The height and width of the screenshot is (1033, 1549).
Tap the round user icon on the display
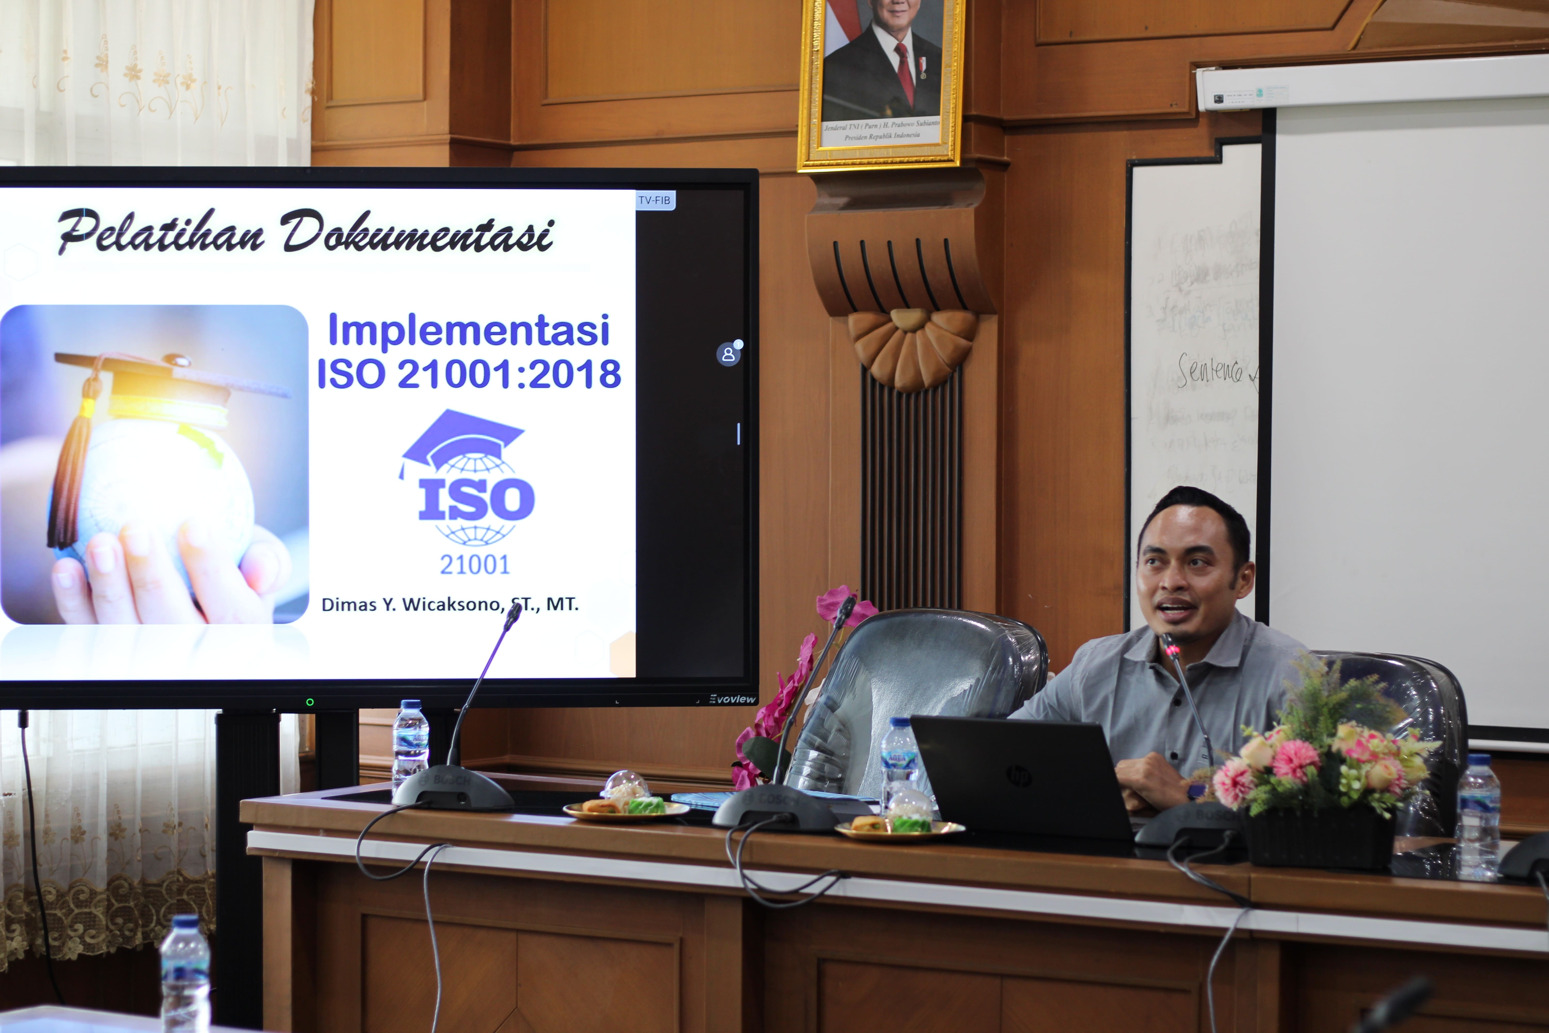[728, 354]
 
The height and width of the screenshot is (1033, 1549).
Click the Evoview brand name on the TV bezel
[732, 699]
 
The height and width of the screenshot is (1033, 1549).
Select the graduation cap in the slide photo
[165, 382]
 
